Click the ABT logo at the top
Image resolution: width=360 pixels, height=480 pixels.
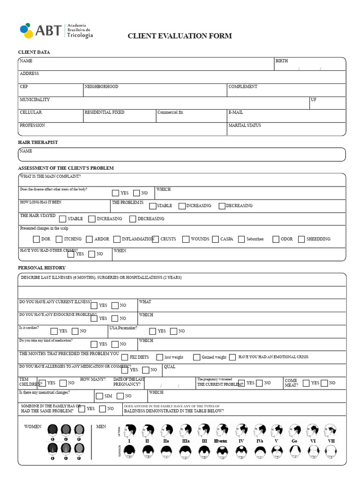coord(56,30)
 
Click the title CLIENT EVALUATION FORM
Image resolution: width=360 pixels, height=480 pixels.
coord(180,36)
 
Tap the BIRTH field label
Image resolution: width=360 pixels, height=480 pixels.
coord(282,61)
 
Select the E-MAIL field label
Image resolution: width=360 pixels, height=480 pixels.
coord(236,112)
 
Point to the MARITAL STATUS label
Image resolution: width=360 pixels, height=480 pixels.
coord(245,126)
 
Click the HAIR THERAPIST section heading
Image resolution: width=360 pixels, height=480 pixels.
coord(38,142)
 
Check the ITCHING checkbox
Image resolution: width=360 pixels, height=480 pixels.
coord(59,239)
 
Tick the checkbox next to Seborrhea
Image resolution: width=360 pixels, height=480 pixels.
coord(241,239)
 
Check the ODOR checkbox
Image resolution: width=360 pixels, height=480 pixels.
coord(276,239)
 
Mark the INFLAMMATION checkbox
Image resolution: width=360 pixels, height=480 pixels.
coord(117,239)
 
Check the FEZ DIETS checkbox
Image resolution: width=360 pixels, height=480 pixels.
coord(125,357)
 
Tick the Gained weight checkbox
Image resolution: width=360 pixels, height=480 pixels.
coord(196,357)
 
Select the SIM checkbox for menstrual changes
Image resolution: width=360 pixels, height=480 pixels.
coord(99,396)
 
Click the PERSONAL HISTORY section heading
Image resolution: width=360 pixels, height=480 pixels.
coord(42,268)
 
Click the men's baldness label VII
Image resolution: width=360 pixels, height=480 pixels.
coord(331,441)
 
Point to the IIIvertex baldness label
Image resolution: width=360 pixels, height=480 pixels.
coord(220,441)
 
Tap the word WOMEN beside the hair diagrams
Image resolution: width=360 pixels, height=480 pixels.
coord(33,427)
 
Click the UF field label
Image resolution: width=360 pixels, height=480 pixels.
coord(314,100)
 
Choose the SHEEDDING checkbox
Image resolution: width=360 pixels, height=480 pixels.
coord(301,239)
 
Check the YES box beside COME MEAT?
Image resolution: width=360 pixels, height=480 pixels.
coord(306,383)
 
